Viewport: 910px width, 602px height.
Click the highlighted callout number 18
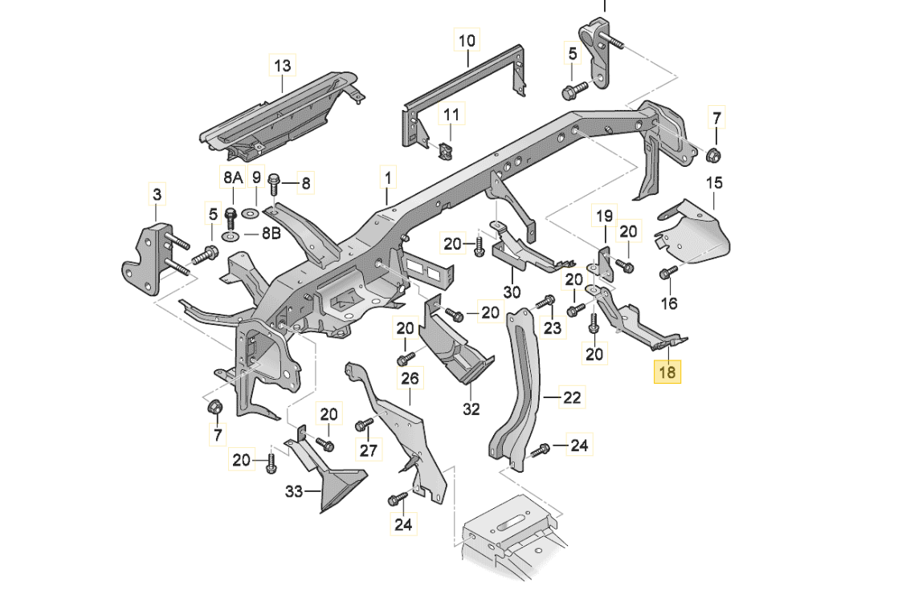tap(668, 372)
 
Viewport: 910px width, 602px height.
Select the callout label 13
tap(283, 66)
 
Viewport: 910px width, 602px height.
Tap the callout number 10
tap(467, 40)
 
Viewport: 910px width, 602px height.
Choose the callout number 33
tap(294, 491)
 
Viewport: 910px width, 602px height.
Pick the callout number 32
tap(471, 409)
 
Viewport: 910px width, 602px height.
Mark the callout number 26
tap(410, 377)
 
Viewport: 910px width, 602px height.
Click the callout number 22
tap(571, 397)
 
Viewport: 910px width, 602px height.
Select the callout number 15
tap(714, 183)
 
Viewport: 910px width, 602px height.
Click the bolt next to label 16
tap(665, 275)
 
